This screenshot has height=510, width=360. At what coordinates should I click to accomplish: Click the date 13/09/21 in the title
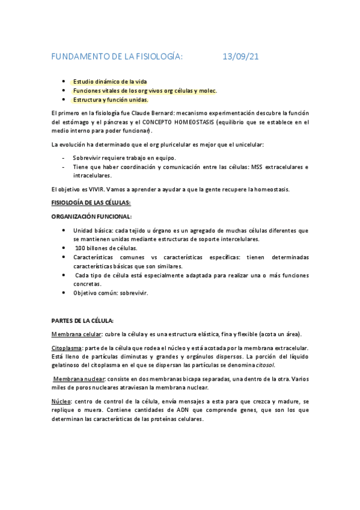(x=241, y=57)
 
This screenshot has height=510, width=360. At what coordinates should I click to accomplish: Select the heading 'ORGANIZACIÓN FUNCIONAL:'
(x=91, y=217)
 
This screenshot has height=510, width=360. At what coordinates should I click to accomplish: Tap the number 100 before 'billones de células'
(x=81, y=248)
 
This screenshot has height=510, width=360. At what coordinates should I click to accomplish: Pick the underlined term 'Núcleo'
(x=62, y=401)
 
